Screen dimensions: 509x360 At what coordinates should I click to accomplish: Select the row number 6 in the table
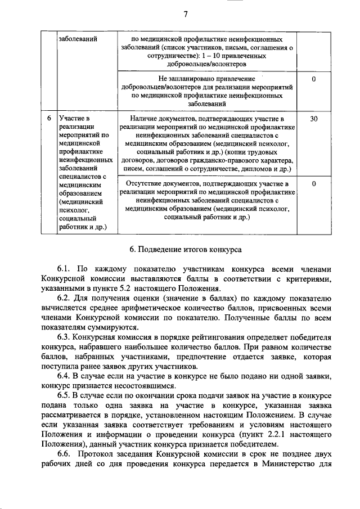[x=49, y=119]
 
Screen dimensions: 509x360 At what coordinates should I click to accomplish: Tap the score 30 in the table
[x=313, y=119]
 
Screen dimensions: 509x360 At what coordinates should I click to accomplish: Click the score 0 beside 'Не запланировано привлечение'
[x=313, y=79]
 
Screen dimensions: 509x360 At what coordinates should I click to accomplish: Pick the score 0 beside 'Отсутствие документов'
[x=313, y=183]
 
